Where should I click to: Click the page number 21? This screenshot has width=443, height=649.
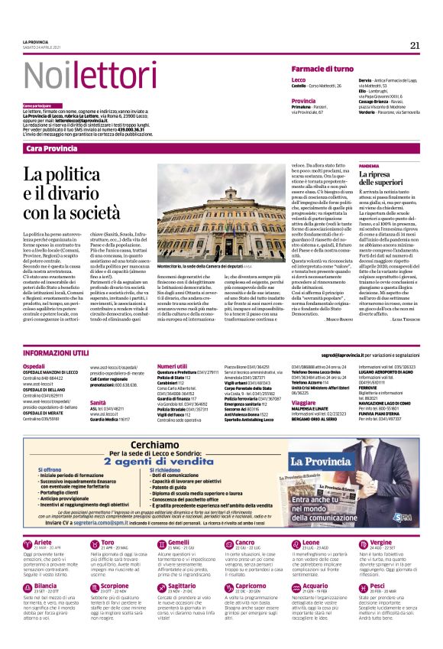(x=414, y=45)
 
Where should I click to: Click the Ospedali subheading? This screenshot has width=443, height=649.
(x=34, y=367)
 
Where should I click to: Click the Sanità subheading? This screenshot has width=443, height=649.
(x=98, y=401)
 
